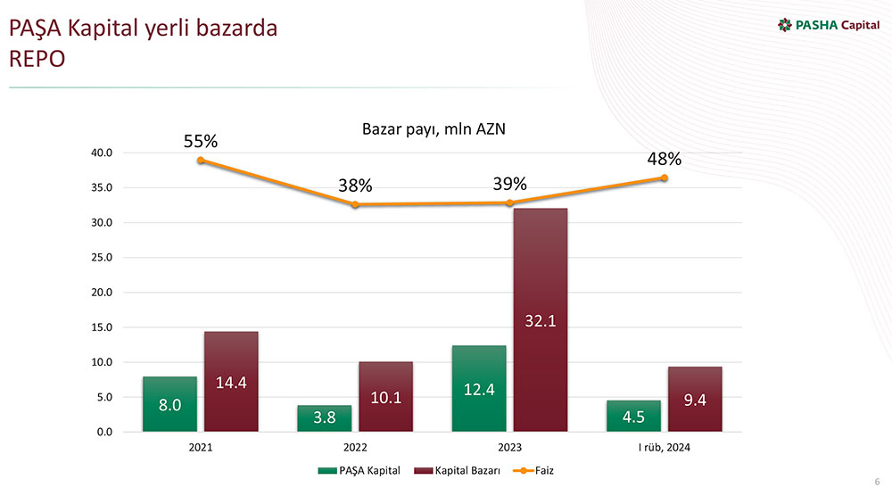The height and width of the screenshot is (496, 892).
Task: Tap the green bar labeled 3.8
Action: point(324,418)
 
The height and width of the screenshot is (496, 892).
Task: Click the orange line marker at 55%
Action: point(202,161)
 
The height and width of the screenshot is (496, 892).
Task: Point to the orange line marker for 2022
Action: point(355,205)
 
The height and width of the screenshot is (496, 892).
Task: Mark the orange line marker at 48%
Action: point(665,178)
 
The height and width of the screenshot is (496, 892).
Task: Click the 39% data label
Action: point(509,184)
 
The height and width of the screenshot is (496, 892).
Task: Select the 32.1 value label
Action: point(541,320)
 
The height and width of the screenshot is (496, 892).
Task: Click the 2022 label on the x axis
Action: point(355,448)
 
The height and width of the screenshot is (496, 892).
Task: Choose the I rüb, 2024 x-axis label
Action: point(665,448)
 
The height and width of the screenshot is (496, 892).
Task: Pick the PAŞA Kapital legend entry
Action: point(360,470)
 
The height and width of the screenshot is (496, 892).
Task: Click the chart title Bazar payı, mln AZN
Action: point(434,130)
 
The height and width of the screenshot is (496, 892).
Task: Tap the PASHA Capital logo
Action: point(829,24)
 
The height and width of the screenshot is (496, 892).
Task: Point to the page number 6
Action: point(877,480)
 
